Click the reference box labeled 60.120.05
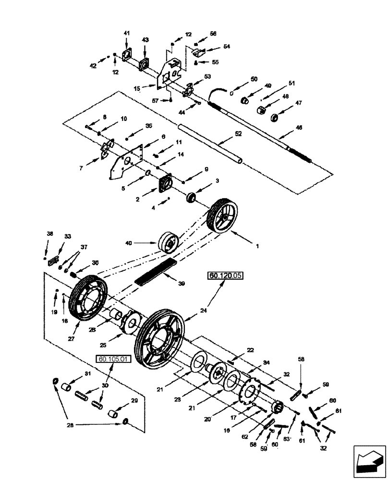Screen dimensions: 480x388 coord(225,276)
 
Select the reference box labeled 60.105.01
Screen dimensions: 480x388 coord(114,359)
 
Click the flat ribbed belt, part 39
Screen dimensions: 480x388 coord(155,271)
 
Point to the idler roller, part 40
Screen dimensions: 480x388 coord(169,242)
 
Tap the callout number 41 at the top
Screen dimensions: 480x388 coord(127,33)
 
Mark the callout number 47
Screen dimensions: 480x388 coord(298,103)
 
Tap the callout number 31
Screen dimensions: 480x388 coord(87,374)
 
